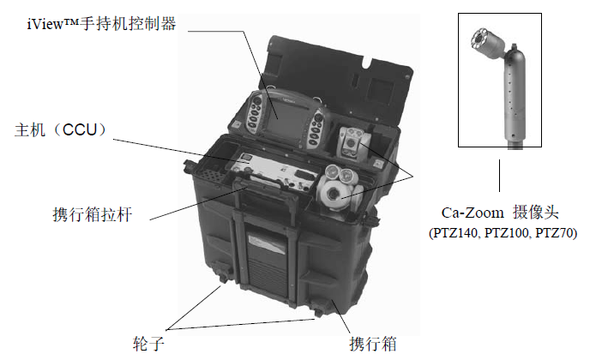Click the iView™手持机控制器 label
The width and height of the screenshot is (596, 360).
[x=100, y=24]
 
